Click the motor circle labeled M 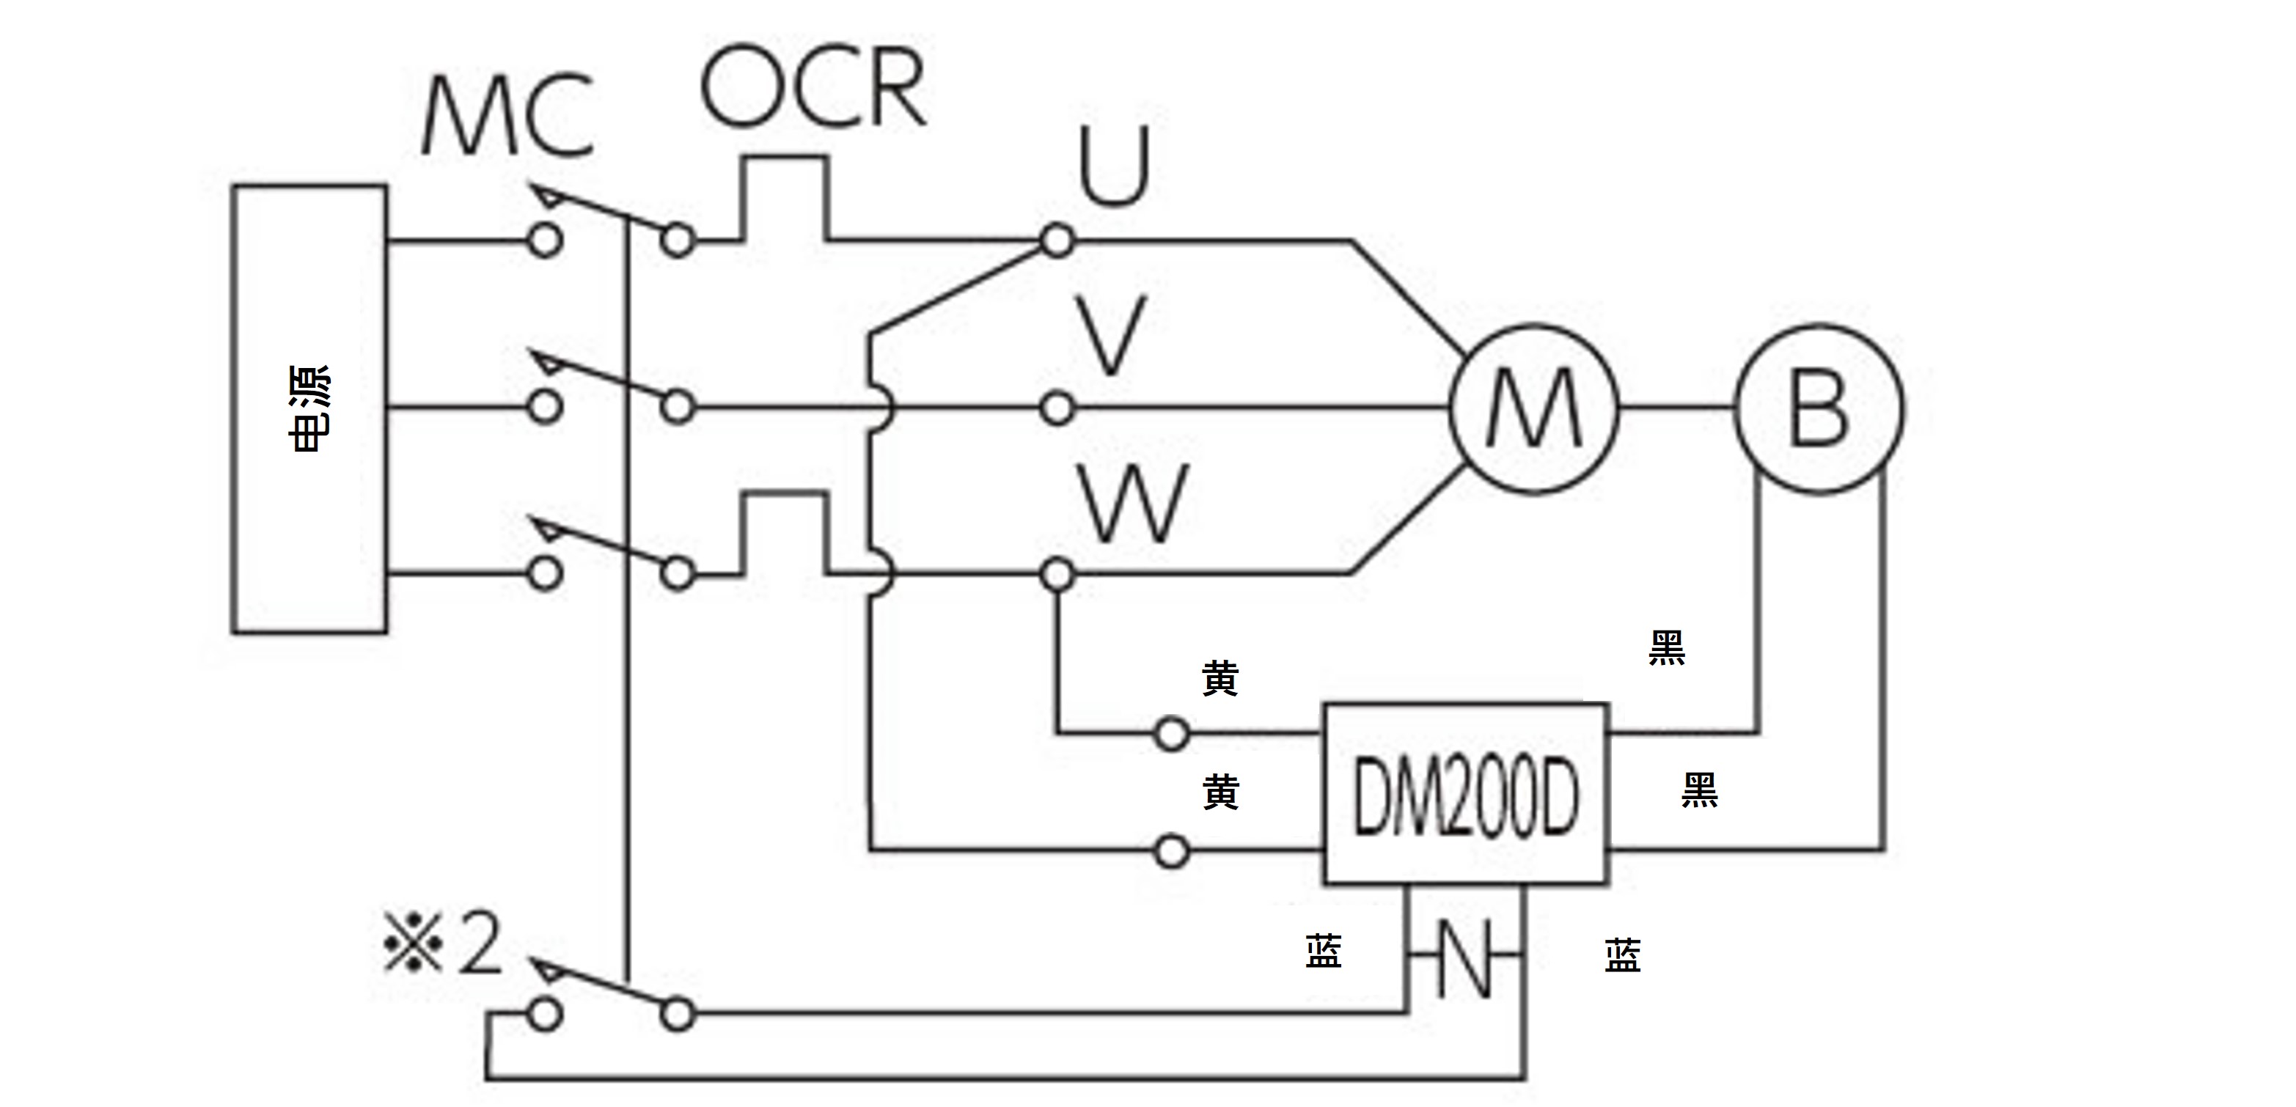pos(1533,409)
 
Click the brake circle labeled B pos(1819,409)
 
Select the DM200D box pos(1466,794)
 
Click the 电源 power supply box pos(309,409)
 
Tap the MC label pos(508,116)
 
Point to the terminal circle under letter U pos(1058,240)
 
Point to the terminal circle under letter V pos(1058,409)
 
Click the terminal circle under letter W pos(1058,575)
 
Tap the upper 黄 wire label pos(1220,678)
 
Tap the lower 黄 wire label pos(1220,792)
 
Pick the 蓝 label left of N pos(1324,951)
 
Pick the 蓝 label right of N pos(1622,955)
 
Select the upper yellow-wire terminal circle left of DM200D pos(1171,735)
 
